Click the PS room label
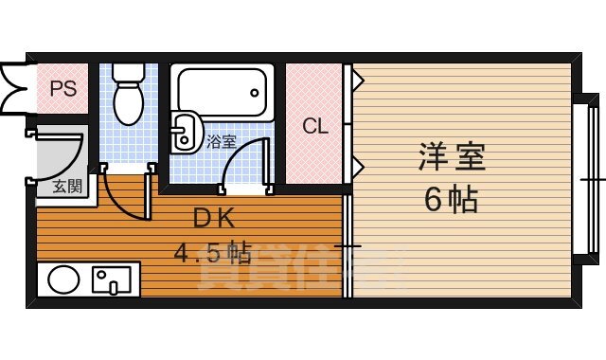click(x=62, y=89)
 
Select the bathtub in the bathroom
click(x=221, y=93)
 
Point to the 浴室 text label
click(x=222, y=143)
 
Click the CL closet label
click(x=314, y=125)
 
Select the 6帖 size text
click(x=451, y=200)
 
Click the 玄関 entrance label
click(x=66, y=186)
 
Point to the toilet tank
click(x=126, y=72)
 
